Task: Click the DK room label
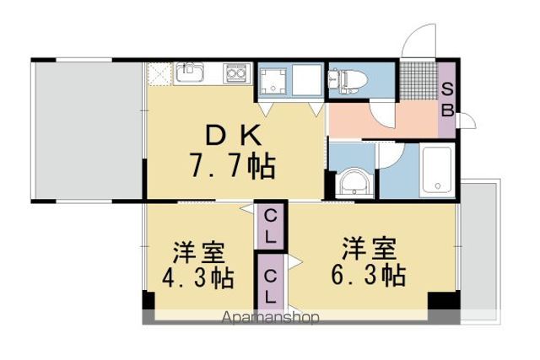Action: pyautogui.click(x=233, y=135)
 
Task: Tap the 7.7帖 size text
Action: pyautogui.click(x=233, y=165)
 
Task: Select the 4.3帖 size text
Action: pyautogui.click(x=198, y=277)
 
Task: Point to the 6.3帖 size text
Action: pyautogui.click(x=368, y=274)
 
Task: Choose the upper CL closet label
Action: pyautogui.click(x=270, y=226)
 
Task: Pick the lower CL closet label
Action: pyautogui.click(x=271, y=286)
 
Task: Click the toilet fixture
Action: pyautogui.click(x=348, y=81)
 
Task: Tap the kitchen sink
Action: pyautogui.click(x=189, y=73)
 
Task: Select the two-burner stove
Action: pyautogui.click(x=237, y=73)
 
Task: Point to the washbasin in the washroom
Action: pyautogui.click(x=354, y=183)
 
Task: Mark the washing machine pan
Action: pyautogui.click(x=273, y=82)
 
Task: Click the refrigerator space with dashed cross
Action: pyautogui.click(x=159, y=73)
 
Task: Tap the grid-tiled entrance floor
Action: pyautogui.click(x=418, y=81)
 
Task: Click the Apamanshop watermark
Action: pyautogui.click(x=271, y=318)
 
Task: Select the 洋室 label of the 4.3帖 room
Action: pyautogui.click(x=199, y=253)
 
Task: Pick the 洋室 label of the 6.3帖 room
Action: pyautogui.click(x=369, y=249)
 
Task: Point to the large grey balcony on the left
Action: pyautogui.click(x=88, y=131)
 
